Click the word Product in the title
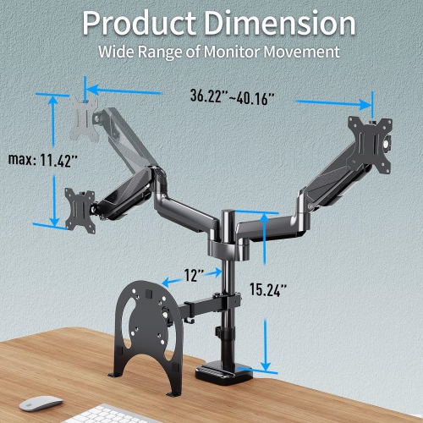[x=140, y=22]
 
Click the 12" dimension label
[x=194, y=276]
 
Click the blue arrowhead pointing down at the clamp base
[x=268, y=365]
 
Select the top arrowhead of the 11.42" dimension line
[x=55, y=99]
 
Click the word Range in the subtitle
[x=165, y=52]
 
